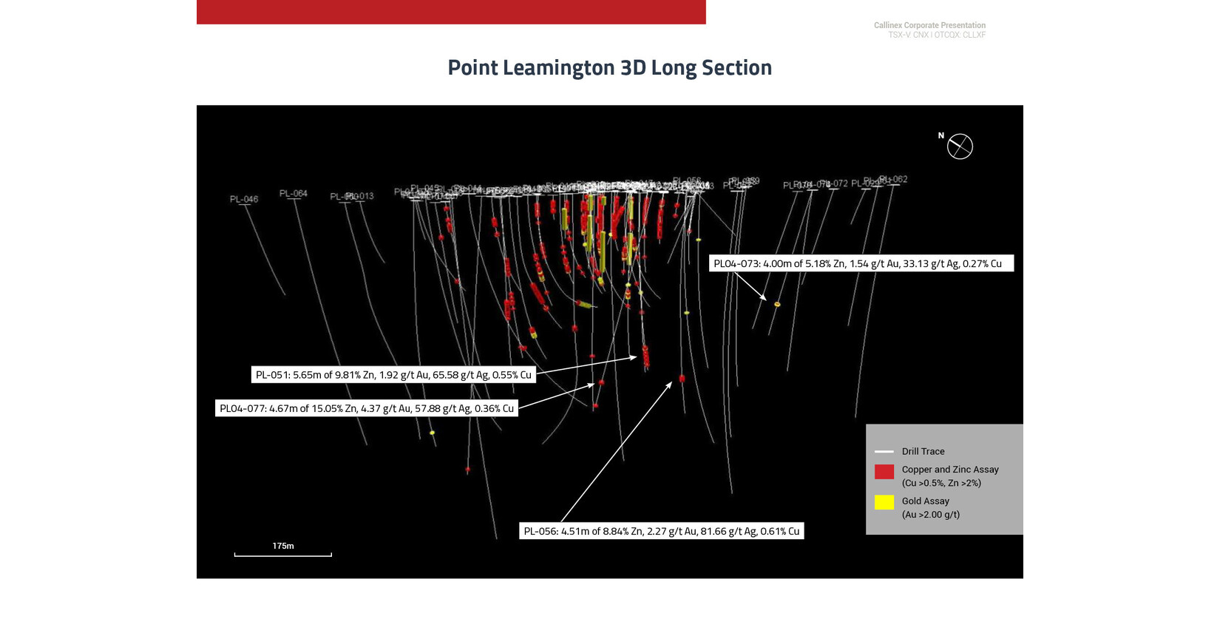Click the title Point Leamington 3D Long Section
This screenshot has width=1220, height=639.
click(x=609, y=67)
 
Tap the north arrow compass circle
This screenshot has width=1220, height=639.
click(x=960, y=146)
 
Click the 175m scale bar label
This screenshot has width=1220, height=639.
click(x=282, y=546)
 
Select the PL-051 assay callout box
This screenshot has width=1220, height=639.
click(x=393, y=375)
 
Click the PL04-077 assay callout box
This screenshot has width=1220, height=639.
click(x=366, y=408)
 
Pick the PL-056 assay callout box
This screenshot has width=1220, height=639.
click(x=661, y=531)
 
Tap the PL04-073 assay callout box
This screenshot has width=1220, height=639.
click(x=861, y=263)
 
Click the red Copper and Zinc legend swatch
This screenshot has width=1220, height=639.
click(x=884, y=472)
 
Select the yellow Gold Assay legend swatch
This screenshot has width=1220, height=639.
click(x=884, y=503)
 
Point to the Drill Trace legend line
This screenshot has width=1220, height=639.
click(x=884, y=451)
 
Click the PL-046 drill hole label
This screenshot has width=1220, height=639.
click(x=244, y=199)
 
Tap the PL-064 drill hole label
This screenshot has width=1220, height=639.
click(x=293, y=193)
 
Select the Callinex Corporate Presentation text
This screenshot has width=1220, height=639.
click(x=929, y=25)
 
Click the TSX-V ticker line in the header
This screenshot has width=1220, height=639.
click(x=936, y=35)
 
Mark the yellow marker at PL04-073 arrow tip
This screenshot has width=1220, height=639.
click(x=777, y=304)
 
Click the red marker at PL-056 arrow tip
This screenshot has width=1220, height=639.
click(x=682, y=379)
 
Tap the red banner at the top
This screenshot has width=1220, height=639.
click(x=451, y=12)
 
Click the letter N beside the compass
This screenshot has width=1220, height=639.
click(x=941, y=135)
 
